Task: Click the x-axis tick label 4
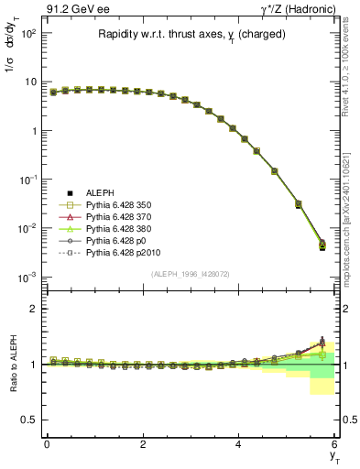click(239, 444)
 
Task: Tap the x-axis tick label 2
click(143, 444)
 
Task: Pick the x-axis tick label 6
click(335, 444)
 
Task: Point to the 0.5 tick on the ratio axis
click(30, 420)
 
